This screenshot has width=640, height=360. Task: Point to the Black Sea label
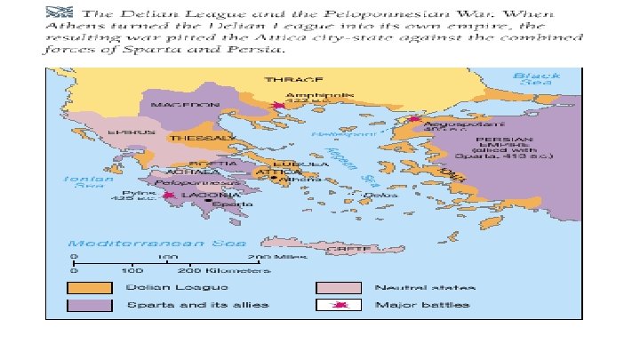[x=536, y=79]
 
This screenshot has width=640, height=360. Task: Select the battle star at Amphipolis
[x=280, y=107]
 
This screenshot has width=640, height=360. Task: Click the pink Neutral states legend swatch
[x=339, y=287]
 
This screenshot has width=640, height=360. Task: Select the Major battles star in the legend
[x=339, y=305]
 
